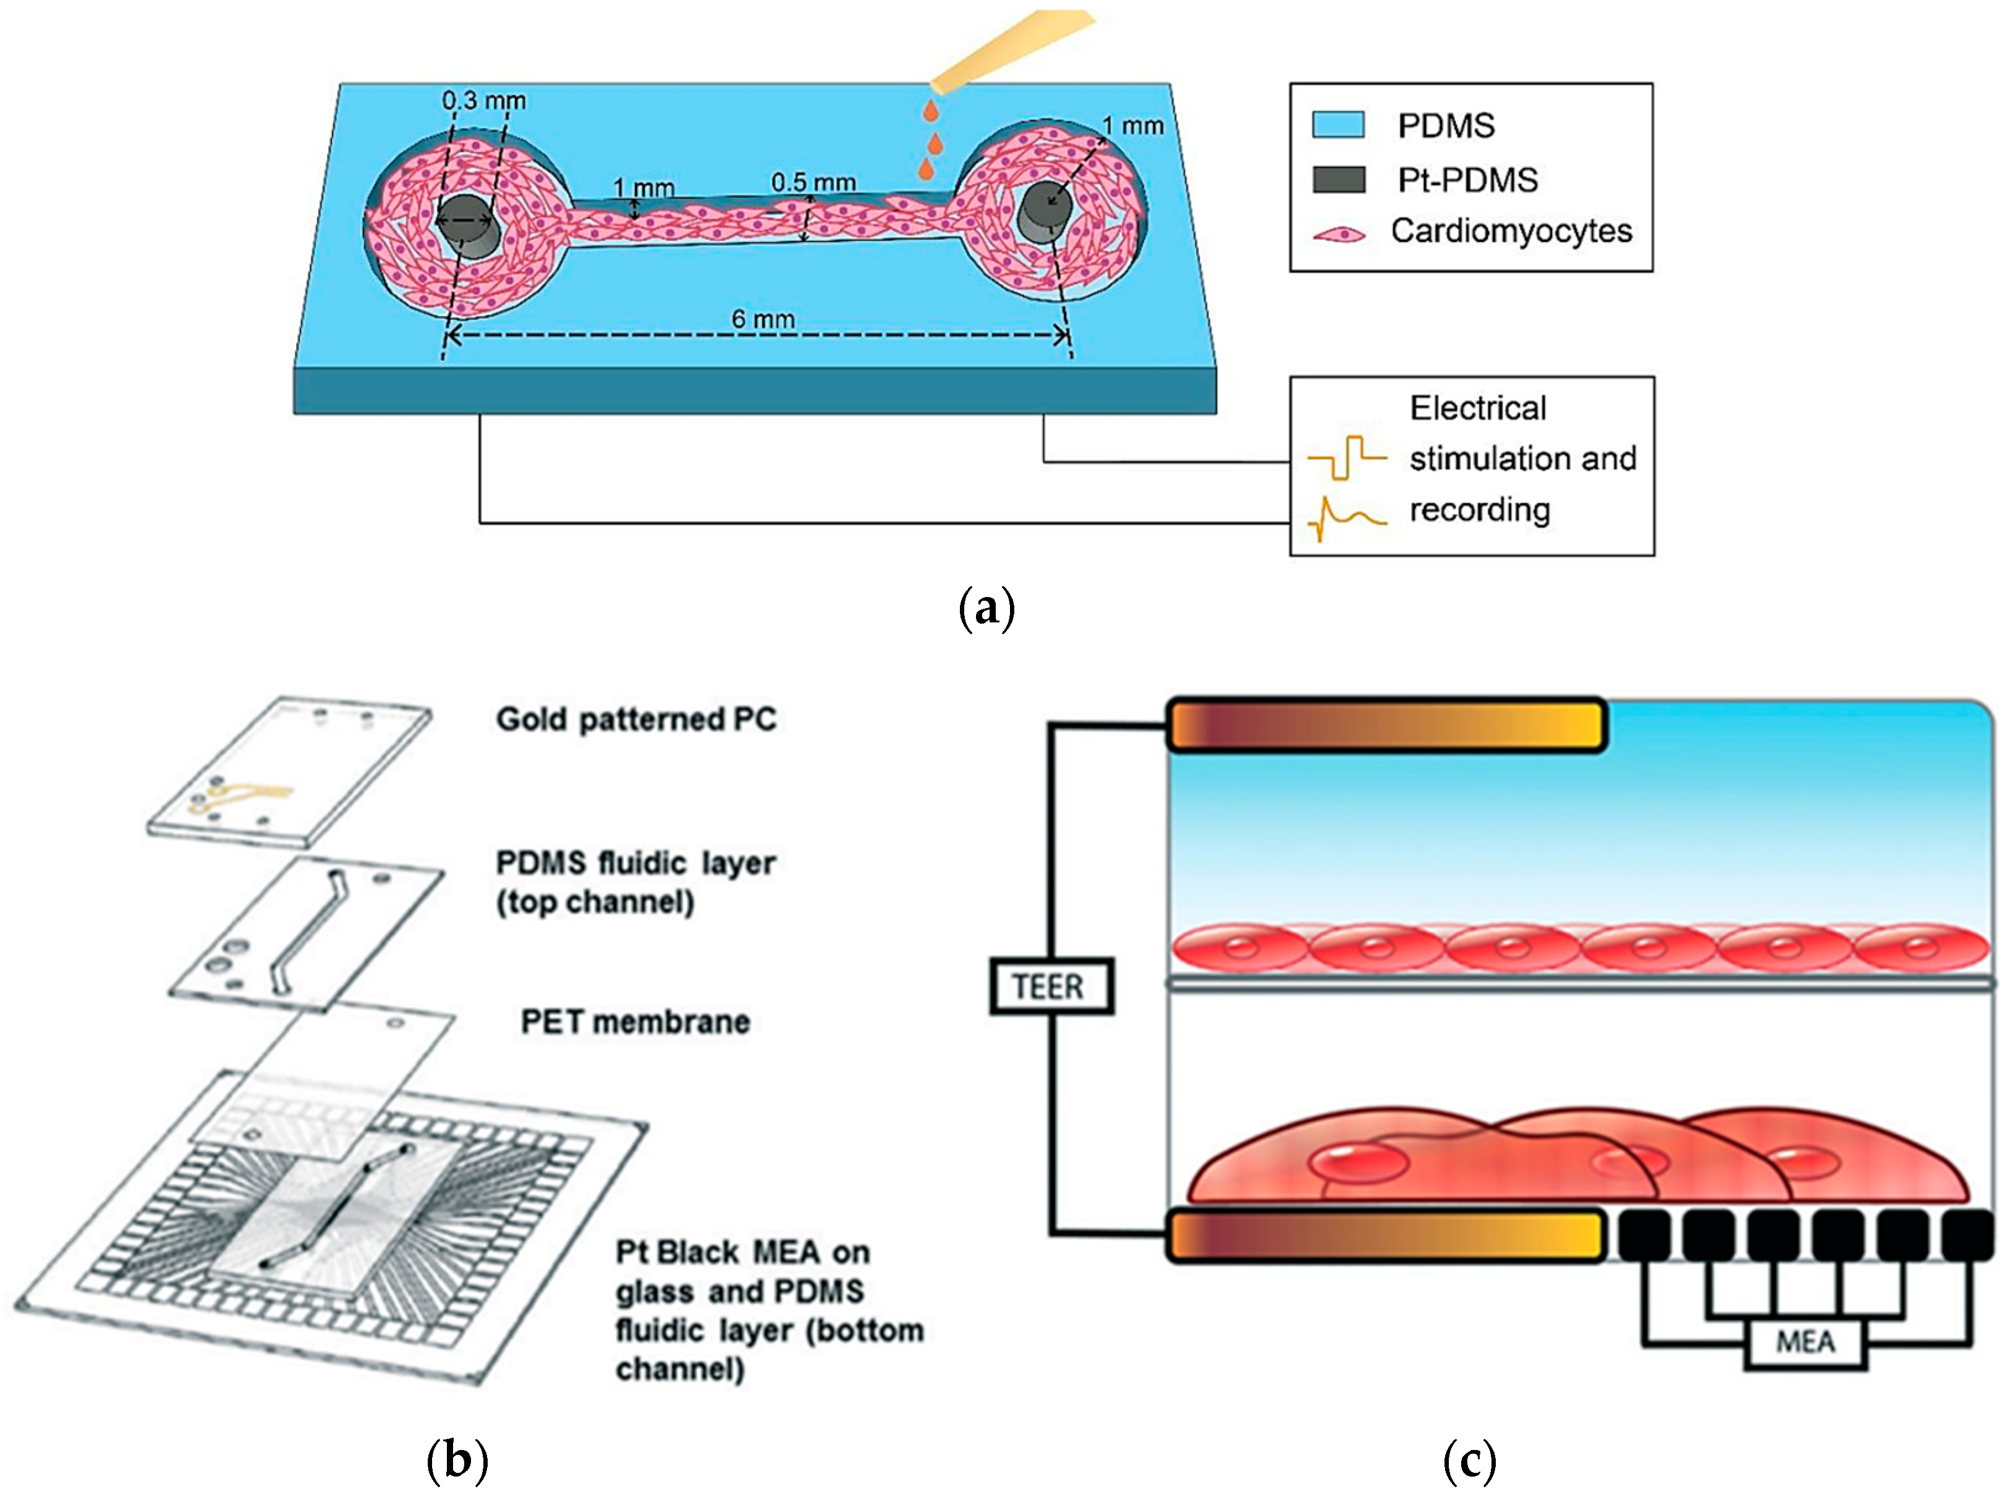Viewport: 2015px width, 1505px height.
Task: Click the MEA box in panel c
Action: coord(1805,1342)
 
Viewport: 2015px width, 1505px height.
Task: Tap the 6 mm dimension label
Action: coord(763,319)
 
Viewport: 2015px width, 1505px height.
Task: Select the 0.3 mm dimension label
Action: coord(484,100)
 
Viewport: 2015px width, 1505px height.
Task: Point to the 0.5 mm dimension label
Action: coord(813,182)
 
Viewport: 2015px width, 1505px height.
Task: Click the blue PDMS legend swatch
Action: coord(1338,125)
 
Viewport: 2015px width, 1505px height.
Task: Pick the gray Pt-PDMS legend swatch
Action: coord(1338,179)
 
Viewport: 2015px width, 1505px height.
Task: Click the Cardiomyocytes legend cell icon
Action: coord(1339,235)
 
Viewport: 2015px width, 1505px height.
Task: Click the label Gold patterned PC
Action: coord(636,719)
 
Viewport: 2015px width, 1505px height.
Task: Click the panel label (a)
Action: coord(986,609)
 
